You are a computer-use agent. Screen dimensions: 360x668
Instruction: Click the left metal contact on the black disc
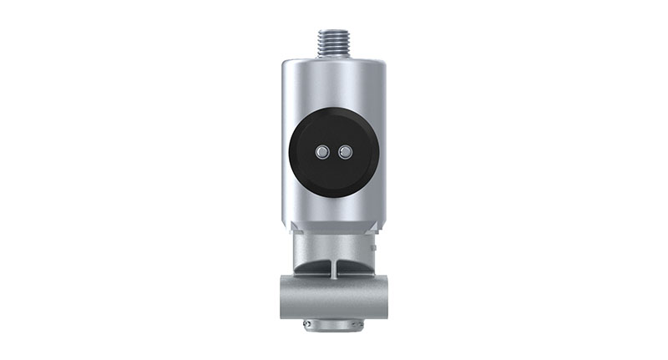(322, 152)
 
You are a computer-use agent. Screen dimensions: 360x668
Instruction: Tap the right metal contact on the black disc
(344, 152)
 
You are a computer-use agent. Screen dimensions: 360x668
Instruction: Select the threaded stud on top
(333, 38)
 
